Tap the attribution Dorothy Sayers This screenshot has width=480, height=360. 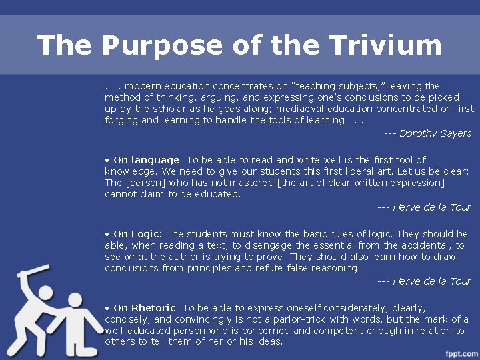[435, 133]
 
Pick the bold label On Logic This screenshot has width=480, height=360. [137, 234]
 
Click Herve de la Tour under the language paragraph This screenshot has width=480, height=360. [432, 207]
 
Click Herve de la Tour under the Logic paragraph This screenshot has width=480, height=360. [432, 281]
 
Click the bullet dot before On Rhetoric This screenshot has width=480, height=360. [107, 308]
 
